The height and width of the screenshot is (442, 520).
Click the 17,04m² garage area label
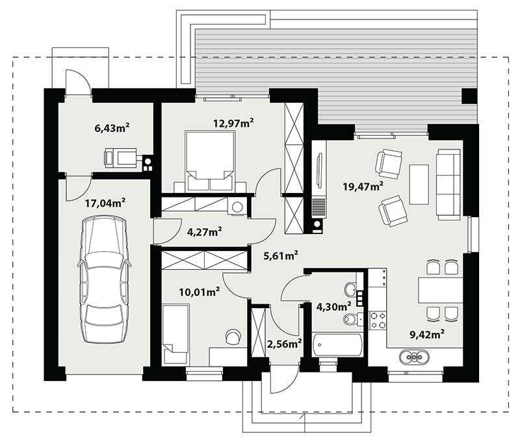click(105, 203)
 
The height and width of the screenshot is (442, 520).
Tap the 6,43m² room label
click(112, 127)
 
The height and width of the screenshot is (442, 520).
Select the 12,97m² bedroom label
click(233, 123)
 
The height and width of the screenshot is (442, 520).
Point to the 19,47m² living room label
click(363, 187)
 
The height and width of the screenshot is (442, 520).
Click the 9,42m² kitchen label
click(427, 334)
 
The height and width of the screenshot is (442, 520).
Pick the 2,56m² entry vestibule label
click(284, 344)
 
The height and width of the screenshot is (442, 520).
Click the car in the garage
click(104, 279)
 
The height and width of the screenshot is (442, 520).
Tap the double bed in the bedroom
click(209, 161)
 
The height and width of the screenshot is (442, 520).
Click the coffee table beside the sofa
click(419, 185)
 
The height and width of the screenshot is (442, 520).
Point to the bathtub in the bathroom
click(337, 345)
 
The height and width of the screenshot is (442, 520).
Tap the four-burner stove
click(378, 320)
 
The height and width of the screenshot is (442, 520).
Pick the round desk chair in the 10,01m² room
click(233, 336)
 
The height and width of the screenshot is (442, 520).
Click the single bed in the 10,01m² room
click(175, 333)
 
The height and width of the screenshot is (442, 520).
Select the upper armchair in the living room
click(389, 162)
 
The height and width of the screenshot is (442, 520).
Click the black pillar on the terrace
click(470, 96)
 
